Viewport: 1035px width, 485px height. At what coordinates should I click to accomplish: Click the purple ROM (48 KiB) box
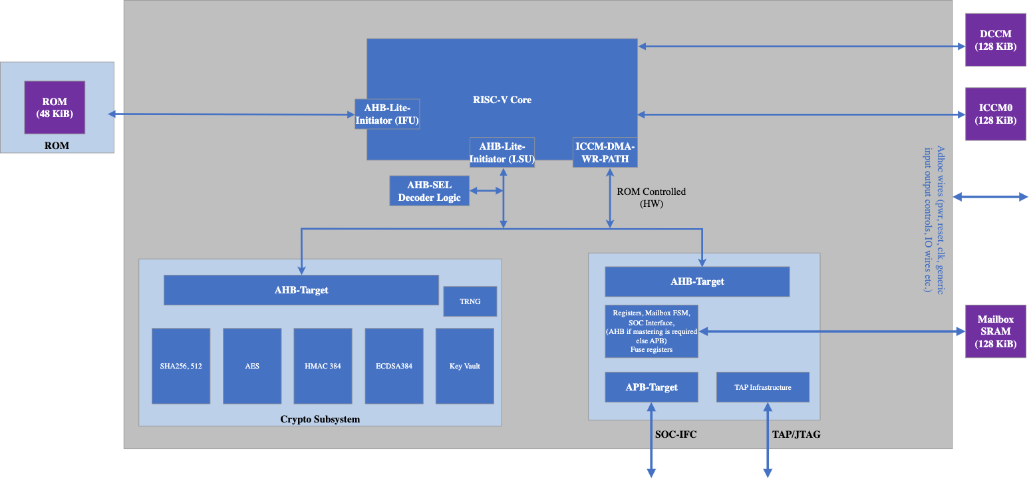point(55,107)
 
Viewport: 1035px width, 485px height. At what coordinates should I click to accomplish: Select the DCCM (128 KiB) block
point(995,41)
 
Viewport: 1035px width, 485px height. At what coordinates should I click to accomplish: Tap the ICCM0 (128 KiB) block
point(995,114)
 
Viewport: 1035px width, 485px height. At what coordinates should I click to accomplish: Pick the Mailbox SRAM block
point(995,331)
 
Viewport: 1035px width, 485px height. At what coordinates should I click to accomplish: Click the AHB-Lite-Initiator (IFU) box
point(387,114)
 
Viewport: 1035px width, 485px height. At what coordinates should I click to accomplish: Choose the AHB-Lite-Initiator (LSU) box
point(502,152)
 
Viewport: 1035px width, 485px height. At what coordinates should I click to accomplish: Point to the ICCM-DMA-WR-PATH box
point(605,152)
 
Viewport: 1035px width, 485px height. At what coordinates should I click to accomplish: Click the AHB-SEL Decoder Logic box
point(429,191)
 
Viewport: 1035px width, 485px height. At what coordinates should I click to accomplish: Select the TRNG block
point(470,301)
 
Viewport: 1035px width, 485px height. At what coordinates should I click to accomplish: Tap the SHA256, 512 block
point(181,366)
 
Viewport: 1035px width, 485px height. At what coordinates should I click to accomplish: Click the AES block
point(252,366)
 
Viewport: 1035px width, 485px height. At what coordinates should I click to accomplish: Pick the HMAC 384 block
point(323,366)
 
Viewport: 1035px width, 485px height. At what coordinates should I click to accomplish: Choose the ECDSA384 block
point(394,366)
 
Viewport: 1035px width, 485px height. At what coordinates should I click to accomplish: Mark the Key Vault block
point(464,366)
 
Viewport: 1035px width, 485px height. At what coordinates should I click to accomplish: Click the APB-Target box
point(651,387)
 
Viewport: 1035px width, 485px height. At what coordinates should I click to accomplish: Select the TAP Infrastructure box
point(762,387)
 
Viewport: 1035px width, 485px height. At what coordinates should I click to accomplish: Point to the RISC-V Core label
point(502,100)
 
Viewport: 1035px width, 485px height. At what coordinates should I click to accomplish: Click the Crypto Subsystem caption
point(320,419)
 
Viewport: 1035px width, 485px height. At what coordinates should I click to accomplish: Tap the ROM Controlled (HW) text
point(651,198)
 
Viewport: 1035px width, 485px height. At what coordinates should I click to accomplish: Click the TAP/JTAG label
point(796,434)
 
